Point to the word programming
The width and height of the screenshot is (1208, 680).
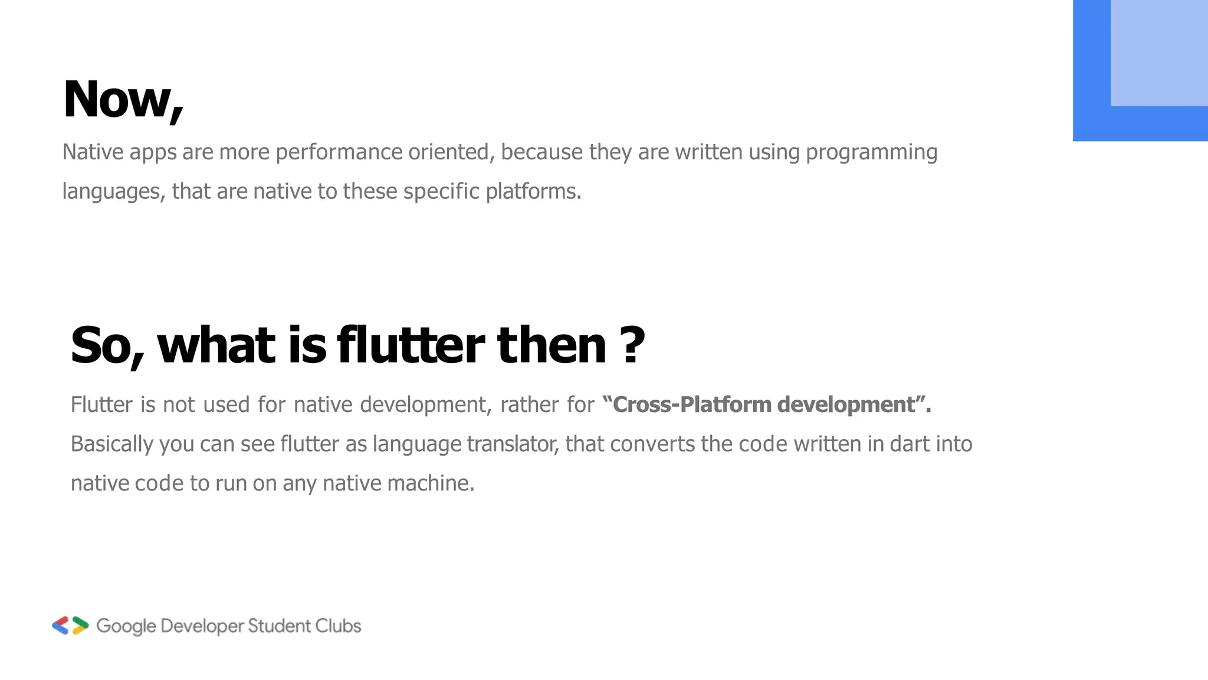click(871, 152)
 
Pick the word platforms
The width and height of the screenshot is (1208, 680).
click(533, 192)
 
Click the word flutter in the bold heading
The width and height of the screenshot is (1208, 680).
click(410, 345)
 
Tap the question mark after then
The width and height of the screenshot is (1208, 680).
click(633, 345)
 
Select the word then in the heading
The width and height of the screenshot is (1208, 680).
click(552, 345)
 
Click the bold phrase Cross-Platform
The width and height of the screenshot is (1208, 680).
click(691, 405)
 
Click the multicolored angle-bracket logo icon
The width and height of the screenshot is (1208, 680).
click(70, 626)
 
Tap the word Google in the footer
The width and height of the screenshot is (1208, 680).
click(126, 626)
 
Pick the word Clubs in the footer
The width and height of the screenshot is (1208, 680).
click(338, 626)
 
